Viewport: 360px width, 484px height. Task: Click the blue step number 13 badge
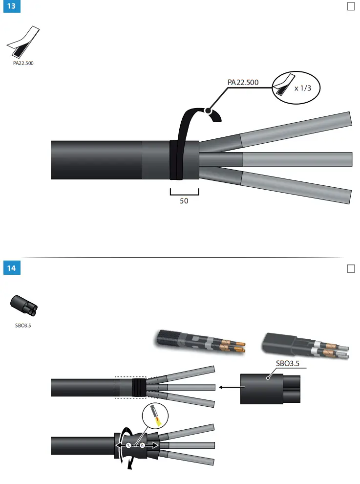[x=12, y=7]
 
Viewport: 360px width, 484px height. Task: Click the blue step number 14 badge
[x=12, y=269]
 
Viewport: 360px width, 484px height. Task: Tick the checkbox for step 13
[x=350, y=6]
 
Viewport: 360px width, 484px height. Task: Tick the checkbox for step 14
[x=350, y=268]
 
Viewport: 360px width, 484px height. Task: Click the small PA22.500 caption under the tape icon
[x=23, y=64]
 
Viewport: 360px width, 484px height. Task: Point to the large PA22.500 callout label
[x=243, y=82]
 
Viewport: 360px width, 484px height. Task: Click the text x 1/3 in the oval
[x=303, y=88]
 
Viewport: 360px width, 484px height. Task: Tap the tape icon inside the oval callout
[x=284, y=86]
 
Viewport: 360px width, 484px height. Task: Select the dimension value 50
[x=184, y=200]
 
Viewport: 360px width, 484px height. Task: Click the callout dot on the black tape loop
[x=209, y=111]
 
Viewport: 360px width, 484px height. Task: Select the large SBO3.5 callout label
[x=288, y=364]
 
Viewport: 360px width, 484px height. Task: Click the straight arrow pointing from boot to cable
[x=228, y=387]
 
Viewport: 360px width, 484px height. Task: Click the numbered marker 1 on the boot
[x=128, y=445]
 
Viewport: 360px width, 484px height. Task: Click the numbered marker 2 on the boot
[x=142, y=445]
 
